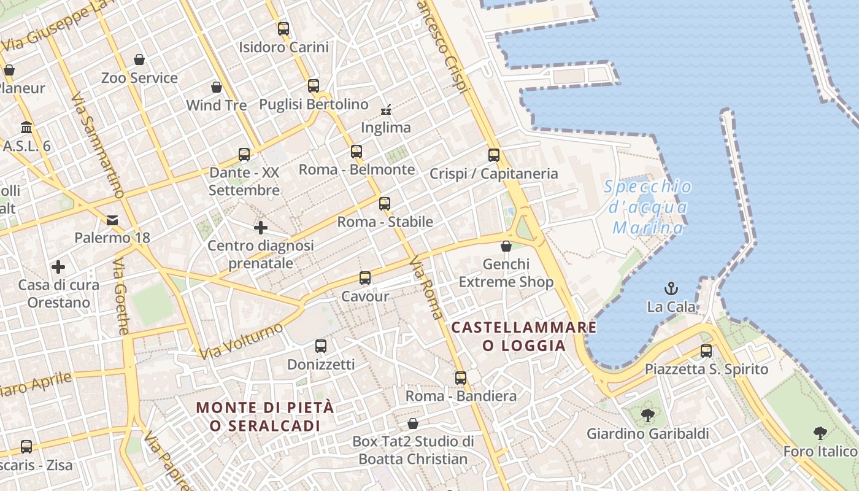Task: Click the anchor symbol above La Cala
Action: pyautogui.click(x=672, y=288)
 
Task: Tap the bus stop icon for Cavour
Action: pyautogui.click(x=365, y=278)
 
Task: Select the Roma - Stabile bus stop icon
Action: pyautogui.click(x=385, y=204)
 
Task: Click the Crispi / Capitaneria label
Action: pyautogui.click(x=493, y=174)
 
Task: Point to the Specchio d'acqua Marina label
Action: pyautogui.click(x=648, y=207)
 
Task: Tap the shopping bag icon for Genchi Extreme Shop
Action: pyautogui.click(x=506, y=246)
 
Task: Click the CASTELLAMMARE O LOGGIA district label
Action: pyautogui.click(x=524, y=336)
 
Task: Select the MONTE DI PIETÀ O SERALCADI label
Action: pyautogui.click(x=266, y=416)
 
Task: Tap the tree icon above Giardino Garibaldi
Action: pyautogui.click(x=647, y=416)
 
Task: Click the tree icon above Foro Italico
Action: pyautogui.click(x=820, y=433)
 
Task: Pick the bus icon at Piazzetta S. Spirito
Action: pyautogui.click(x=706, y=351)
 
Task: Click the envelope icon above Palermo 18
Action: pyautogui.click(x=112, y=220)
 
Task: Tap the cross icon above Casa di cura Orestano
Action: pyautogui.click(x=58, y=267)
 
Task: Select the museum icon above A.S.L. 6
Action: pyautogui.click(x=26, y=128)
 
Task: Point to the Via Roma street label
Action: pyautogui.click(x=426, y=287)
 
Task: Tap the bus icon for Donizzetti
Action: pyautogui.click(x=321, y=346)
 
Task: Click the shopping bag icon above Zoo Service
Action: pyautogui.click(x=139, y=60)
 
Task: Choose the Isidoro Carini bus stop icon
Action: pyautogui.click(x=283, y=28)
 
